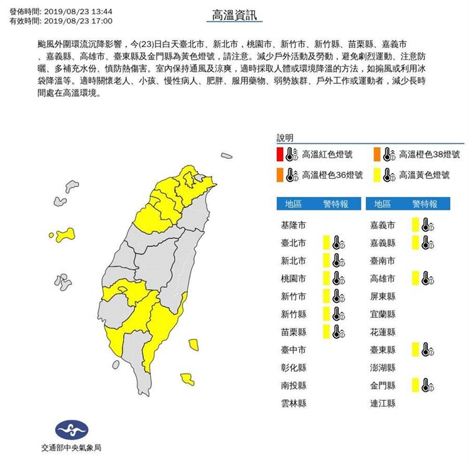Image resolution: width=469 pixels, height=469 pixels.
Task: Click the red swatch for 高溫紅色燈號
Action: point(281,155)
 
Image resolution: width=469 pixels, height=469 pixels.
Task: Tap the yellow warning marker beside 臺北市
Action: point(325,243)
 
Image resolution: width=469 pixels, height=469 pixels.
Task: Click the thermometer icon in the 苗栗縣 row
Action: point(337,332)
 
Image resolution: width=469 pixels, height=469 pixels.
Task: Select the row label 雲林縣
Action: point(294,403)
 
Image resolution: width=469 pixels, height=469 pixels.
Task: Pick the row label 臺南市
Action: point(383,260)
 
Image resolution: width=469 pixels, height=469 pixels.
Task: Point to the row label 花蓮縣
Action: point(383,332)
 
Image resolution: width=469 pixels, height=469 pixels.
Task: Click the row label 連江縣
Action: point(383,403)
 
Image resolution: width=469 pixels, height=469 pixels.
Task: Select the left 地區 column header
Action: point(293,204)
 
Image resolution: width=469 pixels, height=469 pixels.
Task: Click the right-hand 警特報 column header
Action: point(424,204)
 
